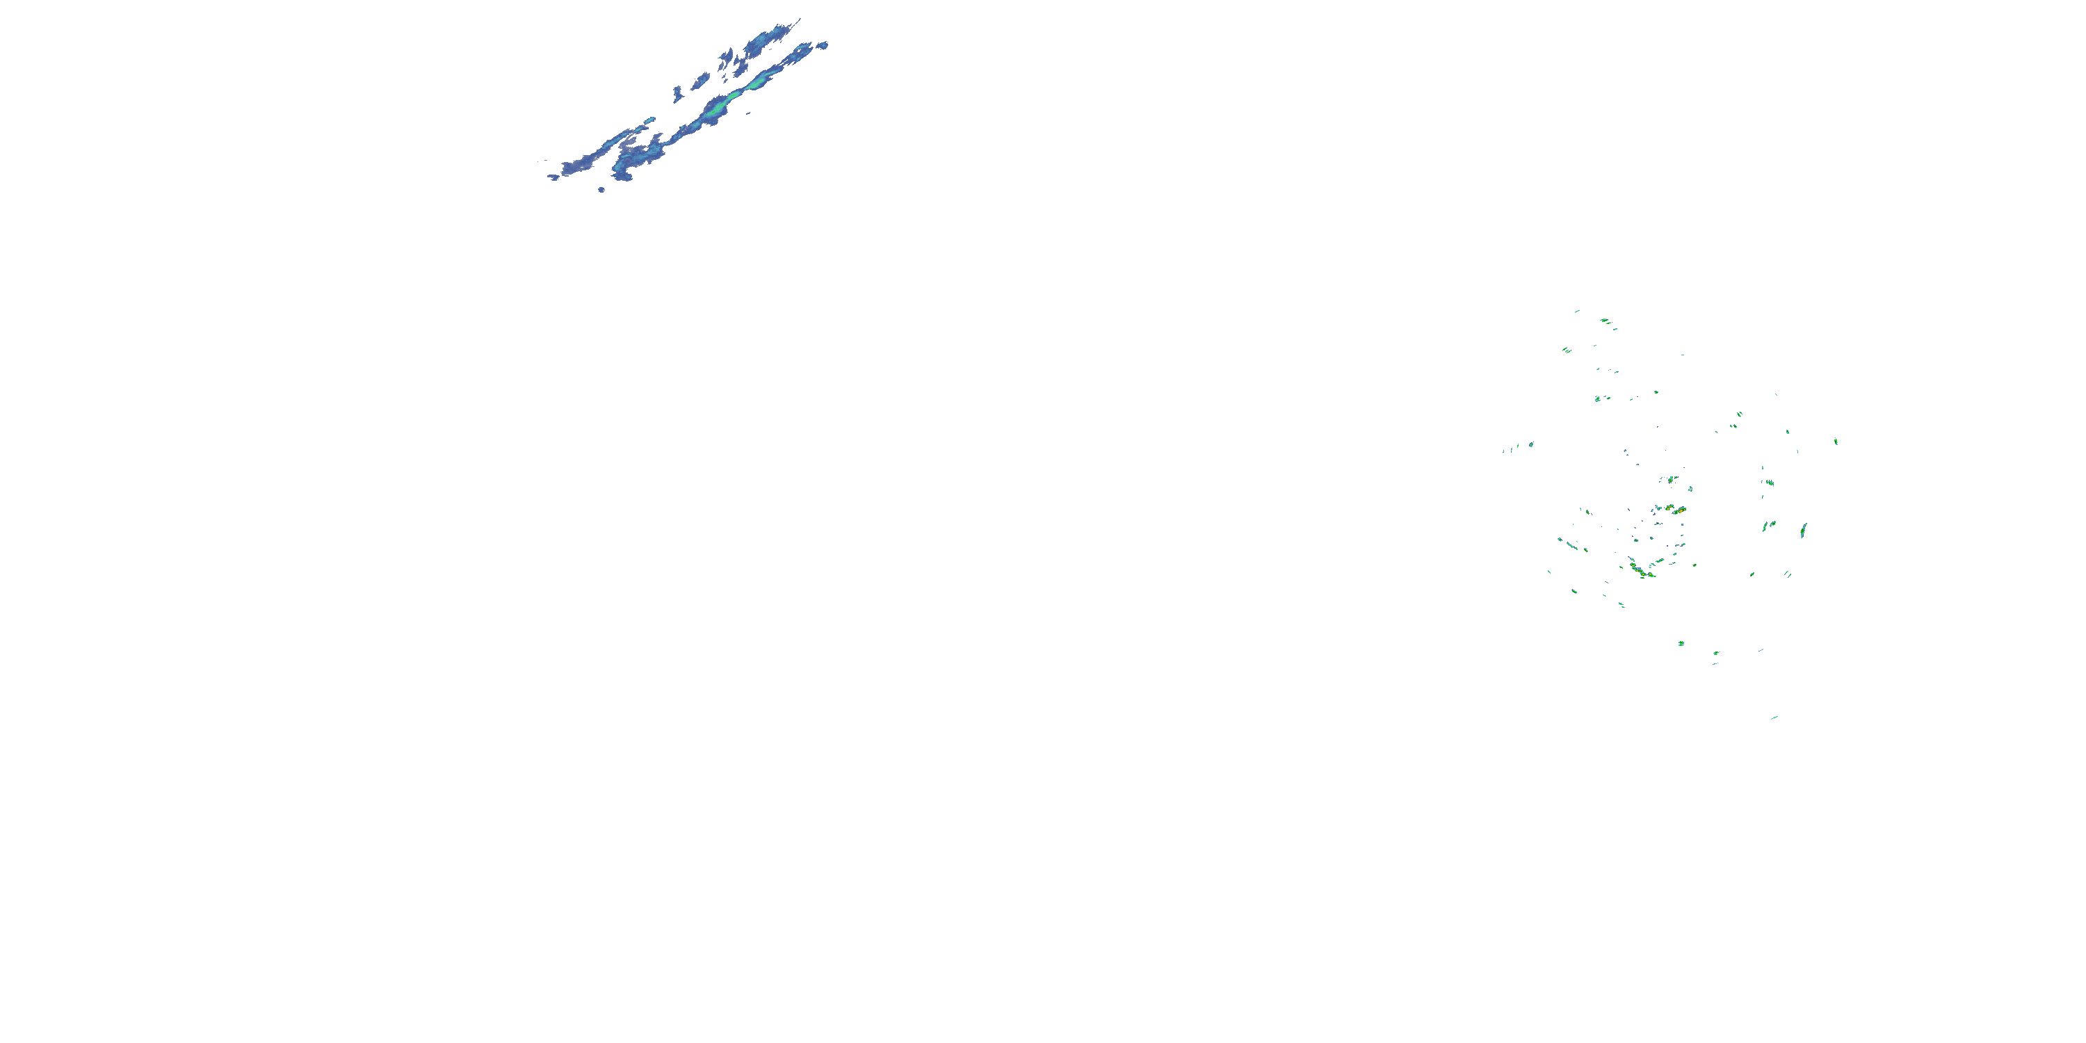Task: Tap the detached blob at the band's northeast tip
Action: [x=823, y=45]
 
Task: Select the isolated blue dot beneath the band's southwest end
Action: [x=601, y=190]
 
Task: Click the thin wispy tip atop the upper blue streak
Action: [x=797, y=21]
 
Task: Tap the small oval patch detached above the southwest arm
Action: [x=649, y=121]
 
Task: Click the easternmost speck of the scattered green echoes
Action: [x=1836, y=442]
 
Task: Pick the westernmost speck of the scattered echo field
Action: [x=1504, y=451]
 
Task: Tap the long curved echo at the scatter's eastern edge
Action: [x=1804, y=531]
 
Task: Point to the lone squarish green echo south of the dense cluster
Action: [x=1681, y=644]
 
